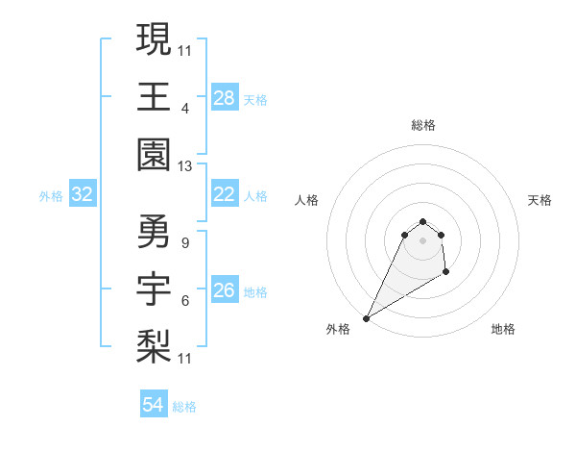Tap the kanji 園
pyautogui.click(x=154, y=154)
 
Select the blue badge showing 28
pyautogui.click(x=224, y=98)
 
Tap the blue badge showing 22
pyautogui.click(x=224, y=194)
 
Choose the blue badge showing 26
pyautogui.click(x=224, y=290)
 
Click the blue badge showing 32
pyautogui.click(x=83, y=195)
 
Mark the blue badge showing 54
pyautogui.click(x=154, y=405)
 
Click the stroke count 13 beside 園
pyautogui.click(x=184, y=166)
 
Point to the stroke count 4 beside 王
pyautogui.click(x=184, y=108)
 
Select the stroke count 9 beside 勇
pyautogui.click(x=184, y=242)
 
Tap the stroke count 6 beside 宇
pyautogui.click(x=184, y=300)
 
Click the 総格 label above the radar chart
pyautogui.click(x=422, y=125)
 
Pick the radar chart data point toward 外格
pyautogui.click(x=366, y=318)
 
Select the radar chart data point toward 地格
pyautogui.click(x=446, y=273)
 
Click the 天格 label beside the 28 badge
pyautogui.click(x=255, y=100)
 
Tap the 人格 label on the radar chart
pyautogui.click(x=306, y=200)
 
